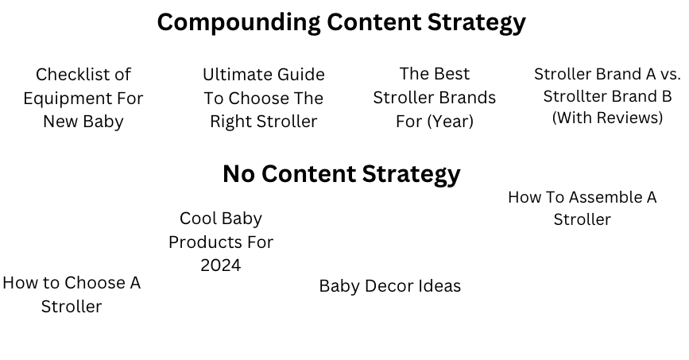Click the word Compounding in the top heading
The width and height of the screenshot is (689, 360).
tap(238, 22)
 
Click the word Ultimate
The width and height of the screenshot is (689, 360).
tap(233, 74)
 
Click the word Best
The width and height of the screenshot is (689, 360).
tap(451, 74)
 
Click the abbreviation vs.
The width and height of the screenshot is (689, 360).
tap(670, 74)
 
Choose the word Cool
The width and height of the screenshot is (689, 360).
tap(199, 219)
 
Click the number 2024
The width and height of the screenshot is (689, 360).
tap(221, 265)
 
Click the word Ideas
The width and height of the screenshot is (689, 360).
tap(441, 286)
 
